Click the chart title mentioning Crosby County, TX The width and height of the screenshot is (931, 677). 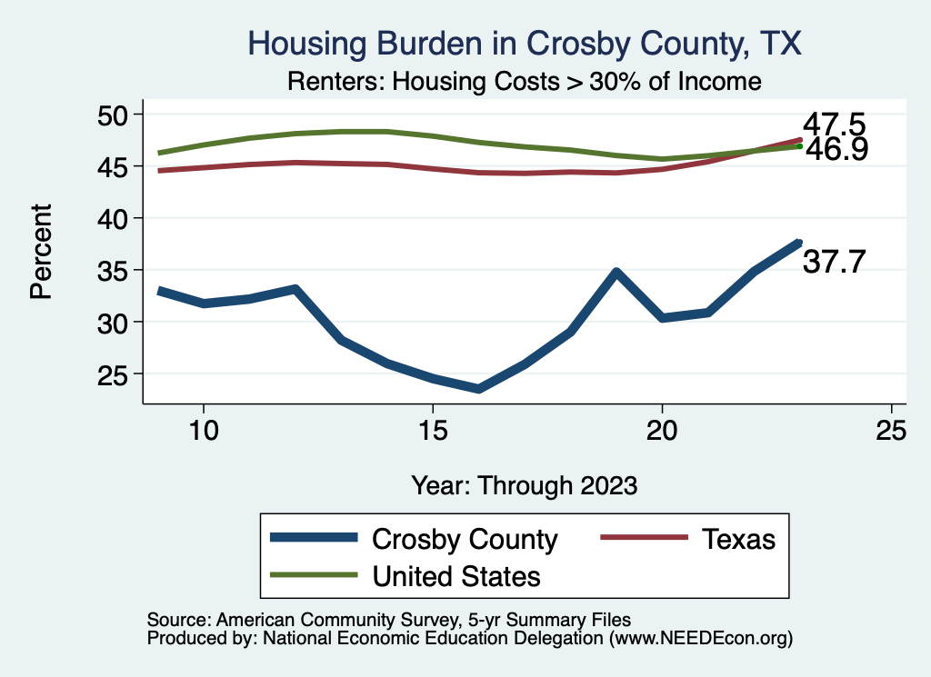pyautogui.click(x=525, y=44)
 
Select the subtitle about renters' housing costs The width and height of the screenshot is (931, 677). pyautogui.click(x=524, y=82)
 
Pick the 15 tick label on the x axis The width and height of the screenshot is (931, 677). pyautogui.click(x=433, y=430)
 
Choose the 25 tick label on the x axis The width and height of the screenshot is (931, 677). pyautogui.click(x=891, y=430)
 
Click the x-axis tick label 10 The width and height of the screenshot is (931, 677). pyautogui.click(x=204, y=430)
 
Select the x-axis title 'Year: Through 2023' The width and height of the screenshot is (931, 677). pyautogui.click(x=524, y=484)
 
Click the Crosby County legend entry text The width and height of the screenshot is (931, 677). pyautogui.click(x=465, y=539)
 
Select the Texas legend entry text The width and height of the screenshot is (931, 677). pyautogui.click(x=737, y=539)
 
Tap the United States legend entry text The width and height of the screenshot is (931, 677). pyautogui.click(x=456, y=575)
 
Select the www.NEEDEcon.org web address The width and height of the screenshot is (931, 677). pyautogui.click(x=701, y=638)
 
